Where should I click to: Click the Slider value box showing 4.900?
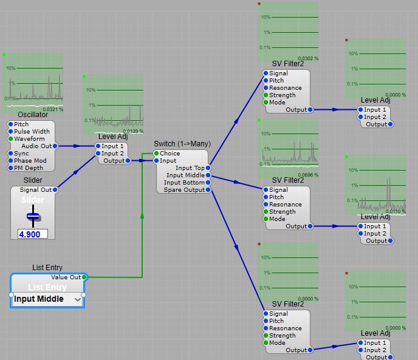(33, 234)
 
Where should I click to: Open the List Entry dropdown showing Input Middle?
(47, 299)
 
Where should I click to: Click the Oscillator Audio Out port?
(55, 146)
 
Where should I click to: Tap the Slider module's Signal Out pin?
(55, 190)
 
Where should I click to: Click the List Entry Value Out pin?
(84, 277)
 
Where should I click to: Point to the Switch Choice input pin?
(157, 154)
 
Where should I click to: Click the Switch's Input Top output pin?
(208, 168)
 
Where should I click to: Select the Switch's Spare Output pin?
(208, 189)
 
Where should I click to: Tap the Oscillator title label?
(33, 115)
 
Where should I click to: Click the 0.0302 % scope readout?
(308, 58)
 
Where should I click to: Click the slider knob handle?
(33, 216)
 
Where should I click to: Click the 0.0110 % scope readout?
(396, 211)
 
